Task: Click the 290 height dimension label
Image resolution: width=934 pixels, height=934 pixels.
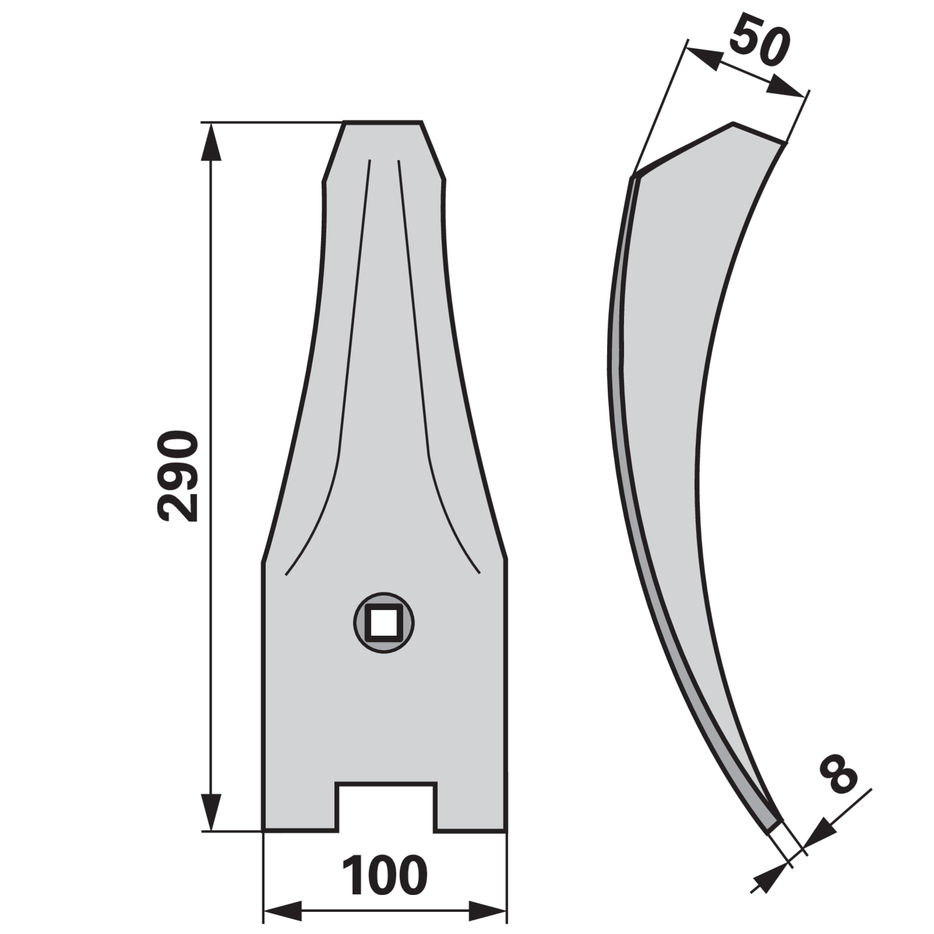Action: pos(179,476)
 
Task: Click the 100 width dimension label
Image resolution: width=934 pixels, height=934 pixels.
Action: pos(385,876)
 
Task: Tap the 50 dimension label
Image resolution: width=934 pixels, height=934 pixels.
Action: pos(759,42)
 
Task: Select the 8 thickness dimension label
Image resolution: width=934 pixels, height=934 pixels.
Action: pos(838,774)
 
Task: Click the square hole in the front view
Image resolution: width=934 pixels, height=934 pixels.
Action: pos(384,623)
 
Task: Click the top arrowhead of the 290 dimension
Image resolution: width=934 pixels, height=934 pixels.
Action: pos(211,141)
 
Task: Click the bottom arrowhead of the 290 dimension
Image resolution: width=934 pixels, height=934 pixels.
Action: pos(211,812)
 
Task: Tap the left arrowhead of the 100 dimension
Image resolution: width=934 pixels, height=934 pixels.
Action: pos(283,911)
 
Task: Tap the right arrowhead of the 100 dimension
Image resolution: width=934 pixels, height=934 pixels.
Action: pos(487,911)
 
